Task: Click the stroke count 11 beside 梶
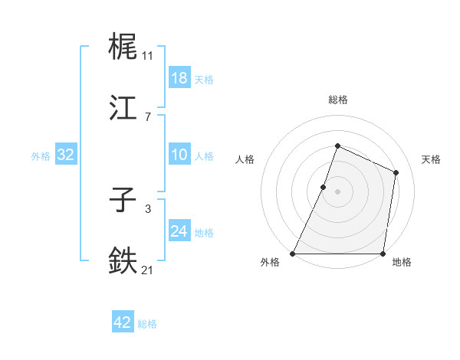(147, 55)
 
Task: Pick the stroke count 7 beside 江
(147, 116)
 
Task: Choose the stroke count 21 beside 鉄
(147, 269)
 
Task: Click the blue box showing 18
(179, 78)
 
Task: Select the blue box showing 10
(179, 155)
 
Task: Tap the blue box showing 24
(179, 231)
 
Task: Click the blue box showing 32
(66, 155)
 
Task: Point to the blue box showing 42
(123, 323)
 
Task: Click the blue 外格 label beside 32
(41, 155)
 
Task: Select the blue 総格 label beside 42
(147, 324)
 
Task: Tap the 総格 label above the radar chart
(337, 100)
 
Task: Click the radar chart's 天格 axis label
(431, 159)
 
